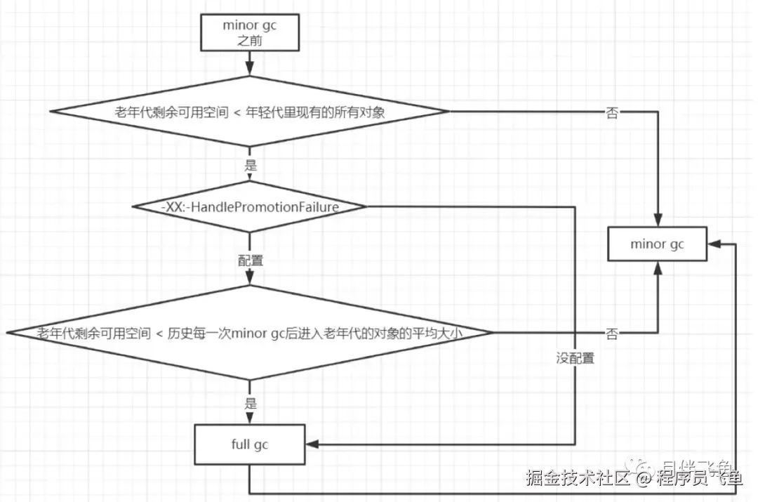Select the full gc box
click(249, 444)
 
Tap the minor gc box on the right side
click(657, 244)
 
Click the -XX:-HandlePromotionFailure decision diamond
click(250, 207)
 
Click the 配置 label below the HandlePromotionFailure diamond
click(250, 260)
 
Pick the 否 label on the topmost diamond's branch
click(612, 112)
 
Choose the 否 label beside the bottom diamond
click(612, 333)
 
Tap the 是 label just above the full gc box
click(250, 404)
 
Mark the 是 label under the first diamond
click(250, 166)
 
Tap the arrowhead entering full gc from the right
click(312, 444)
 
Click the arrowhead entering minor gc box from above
click(658, 221)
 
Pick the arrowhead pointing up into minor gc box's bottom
click(658, 267)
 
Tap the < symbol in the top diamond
click(239, 112)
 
